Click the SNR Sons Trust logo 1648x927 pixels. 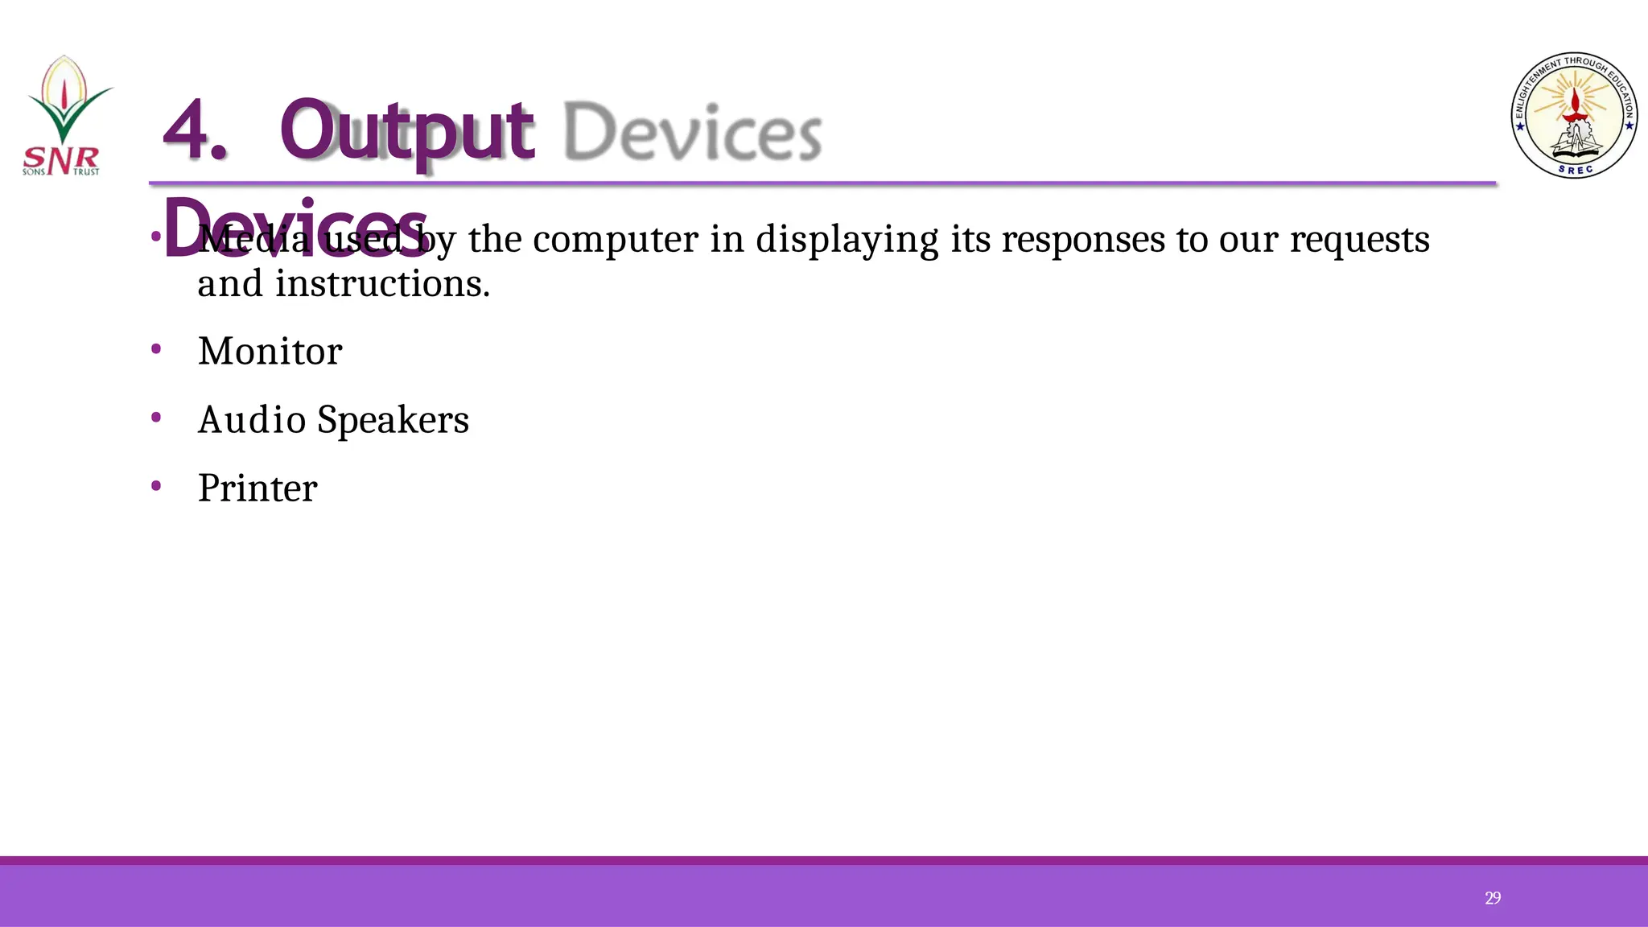click(x=64, y=116)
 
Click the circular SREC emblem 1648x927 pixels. click(x=1573, y=116)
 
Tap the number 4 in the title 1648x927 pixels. click(x=193, y=130)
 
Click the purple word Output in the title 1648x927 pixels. click(x=406, y=130)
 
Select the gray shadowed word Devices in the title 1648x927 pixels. click(x=692, y=132)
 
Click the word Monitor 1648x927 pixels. click(x=270, y=352)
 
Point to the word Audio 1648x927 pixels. click(x=251, y=420)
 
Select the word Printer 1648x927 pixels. click(x=257, y=488)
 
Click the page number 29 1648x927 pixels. click(x=1493, y=898)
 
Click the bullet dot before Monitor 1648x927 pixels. click(x=156, y=349)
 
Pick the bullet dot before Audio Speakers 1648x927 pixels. click(x=156, y=417)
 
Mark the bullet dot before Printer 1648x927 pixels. click(x=156, y=485)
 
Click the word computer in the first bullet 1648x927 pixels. click(x=616, y=240)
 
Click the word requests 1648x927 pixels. click(x=1359, y=240)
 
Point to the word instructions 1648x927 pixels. click(x=382, y=284)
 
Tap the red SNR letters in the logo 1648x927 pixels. click(x=61, y=159)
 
